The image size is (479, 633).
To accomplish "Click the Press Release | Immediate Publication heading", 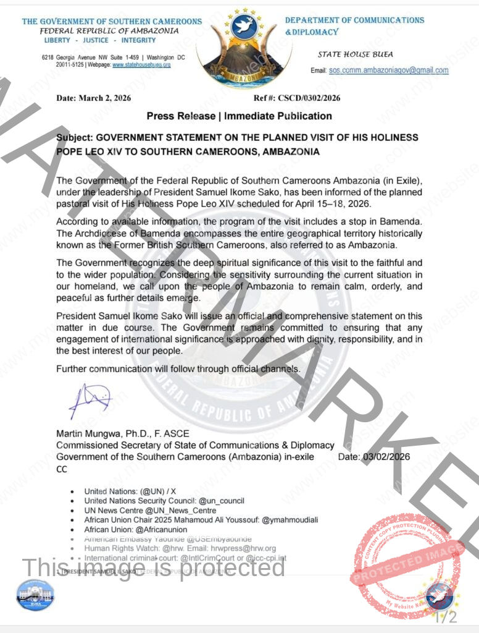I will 239,116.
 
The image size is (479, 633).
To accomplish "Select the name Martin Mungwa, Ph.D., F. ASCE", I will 123,434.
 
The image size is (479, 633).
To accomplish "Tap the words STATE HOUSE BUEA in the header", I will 355,54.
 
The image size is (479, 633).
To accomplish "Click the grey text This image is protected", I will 154,567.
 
